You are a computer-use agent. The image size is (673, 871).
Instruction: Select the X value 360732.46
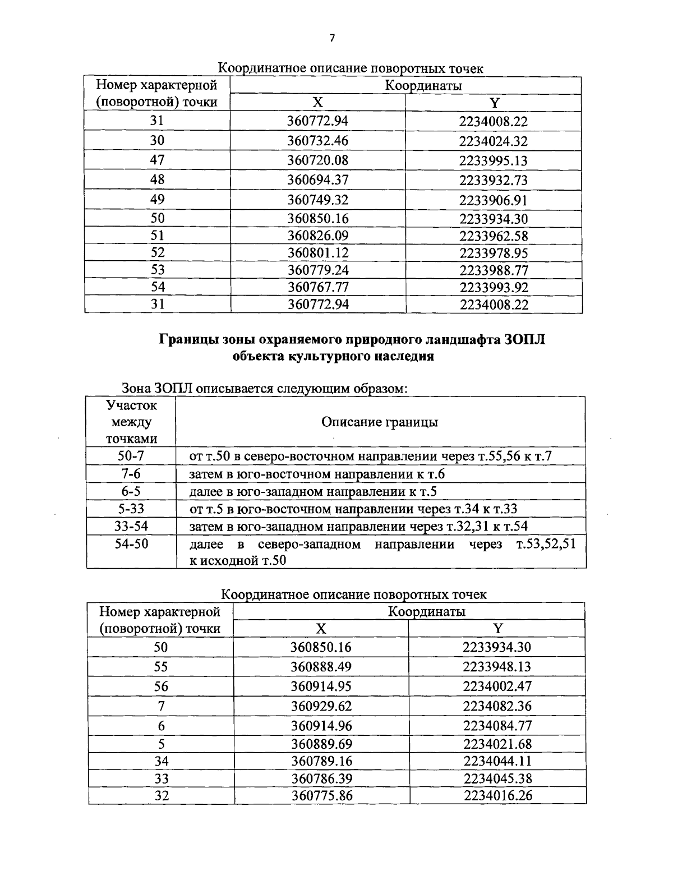pos(317,141)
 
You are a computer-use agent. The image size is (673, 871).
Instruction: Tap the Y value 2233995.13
pos(494,161)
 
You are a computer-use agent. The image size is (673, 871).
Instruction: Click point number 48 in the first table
pos(158,179)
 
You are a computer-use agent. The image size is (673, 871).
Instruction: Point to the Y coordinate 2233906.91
pos(494,200)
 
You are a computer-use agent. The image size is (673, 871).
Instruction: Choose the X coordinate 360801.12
pos(317,253)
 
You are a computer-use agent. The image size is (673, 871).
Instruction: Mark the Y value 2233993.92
pos(494,288)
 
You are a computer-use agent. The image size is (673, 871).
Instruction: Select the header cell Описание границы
pos(380,422)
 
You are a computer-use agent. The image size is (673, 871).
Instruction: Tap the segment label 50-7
pos(131,456)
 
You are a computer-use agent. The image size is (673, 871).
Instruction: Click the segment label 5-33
pos(131,509)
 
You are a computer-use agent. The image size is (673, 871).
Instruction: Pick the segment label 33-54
pos(131,526)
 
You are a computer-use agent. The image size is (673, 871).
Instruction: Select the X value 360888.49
pos(321,667)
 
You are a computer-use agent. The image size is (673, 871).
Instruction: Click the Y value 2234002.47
pos(497,686)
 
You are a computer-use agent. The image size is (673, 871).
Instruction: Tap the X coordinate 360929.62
pos(321,706)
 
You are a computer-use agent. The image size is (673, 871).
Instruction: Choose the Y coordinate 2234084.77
pos(497,726)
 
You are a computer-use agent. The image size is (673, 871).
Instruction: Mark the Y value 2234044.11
pos(497,761)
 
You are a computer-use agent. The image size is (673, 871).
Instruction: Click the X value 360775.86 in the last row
pos(321,796)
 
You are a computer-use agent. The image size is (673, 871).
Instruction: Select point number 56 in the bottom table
pos(161,686)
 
